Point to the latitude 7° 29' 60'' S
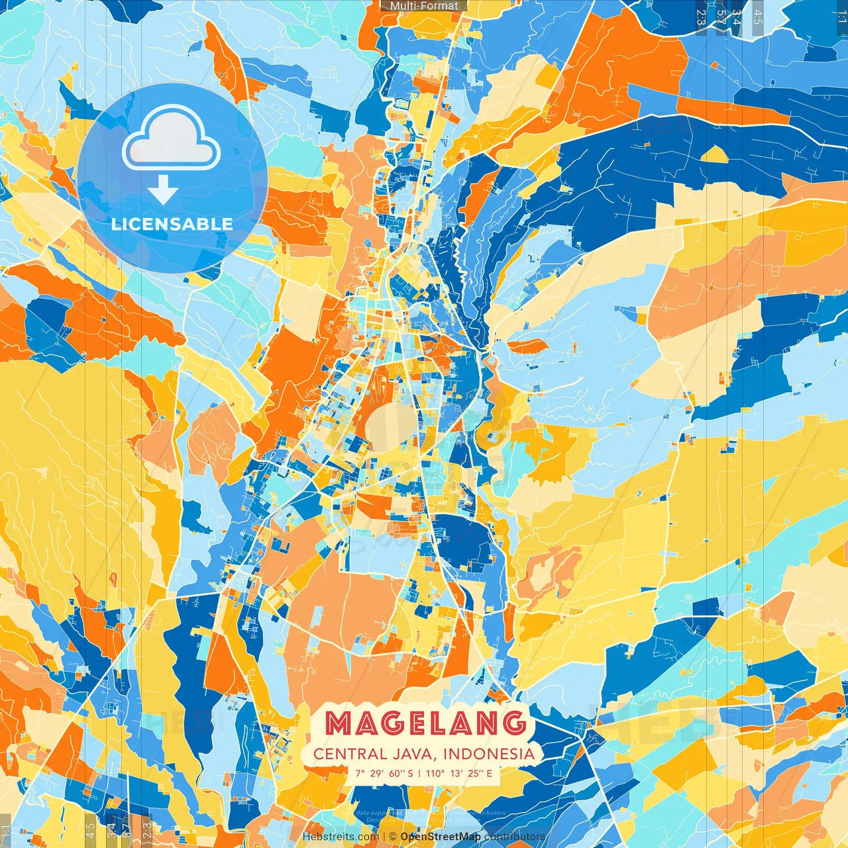tap(384, 773)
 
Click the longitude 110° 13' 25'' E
tap(458, 773)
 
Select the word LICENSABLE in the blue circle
tap(172, 224)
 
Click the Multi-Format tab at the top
tap(424, 6)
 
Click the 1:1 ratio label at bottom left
tap(6, 831)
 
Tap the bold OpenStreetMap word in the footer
tap(441, 837)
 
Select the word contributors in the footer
tap(515, 837)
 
